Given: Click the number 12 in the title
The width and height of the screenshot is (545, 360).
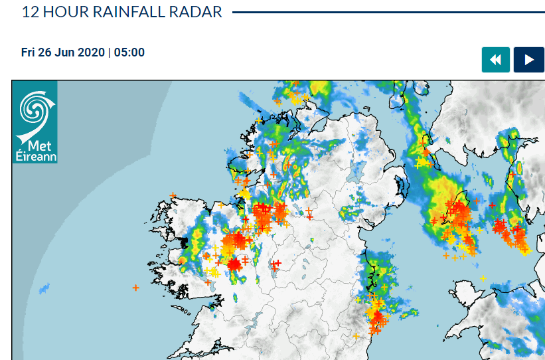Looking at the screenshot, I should pyautogui.click(x=29, y=12).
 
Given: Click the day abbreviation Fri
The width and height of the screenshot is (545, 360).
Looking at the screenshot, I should pyautogui.click(x=28, y=52).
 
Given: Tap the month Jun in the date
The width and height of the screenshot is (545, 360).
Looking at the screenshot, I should pyautogui.click(x=63, y=52).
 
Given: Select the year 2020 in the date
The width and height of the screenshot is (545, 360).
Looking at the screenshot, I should pyautogui.click(x=90, y=52).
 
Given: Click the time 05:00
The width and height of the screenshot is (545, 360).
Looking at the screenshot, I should pyautogui.click(x=129, y=52).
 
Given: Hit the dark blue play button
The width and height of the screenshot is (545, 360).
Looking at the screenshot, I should pyautogui.click(x=529, y=60).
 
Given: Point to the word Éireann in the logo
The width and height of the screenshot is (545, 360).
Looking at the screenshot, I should pyautogui.click(x=36, y=157).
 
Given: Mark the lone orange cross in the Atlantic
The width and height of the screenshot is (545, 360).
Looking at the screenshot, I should pyautogui.click(x=135, y=288).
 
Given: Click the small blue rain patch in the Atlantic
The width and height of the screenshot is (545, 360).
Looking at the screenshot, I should pyautogui.click(x=44, y=289).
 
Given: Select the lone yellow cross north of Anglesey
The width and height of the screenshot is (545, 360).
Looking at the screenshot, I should pyautogui.click(x=483, y=278).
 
